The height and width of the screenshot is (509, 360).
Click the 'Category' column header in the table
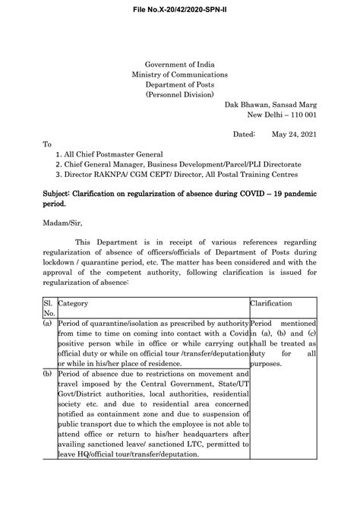coord(74,303)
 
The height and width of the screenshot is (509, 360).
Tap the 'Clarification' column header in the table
coord(271,303)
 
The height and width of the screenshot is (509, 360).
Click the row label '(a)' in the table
coord(48,323)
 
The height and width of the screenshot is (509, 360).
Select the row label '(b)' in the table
coord(48,375)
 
